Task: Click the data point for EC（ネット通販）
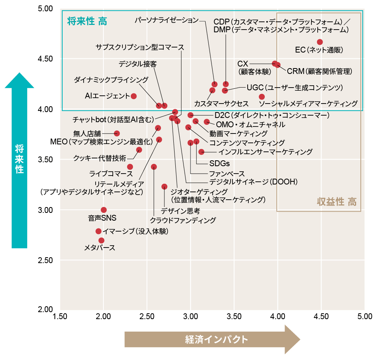(x=320, y=42)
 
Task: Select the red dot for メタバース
(x=101, y=241)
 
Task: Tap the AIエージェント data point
(x=134, y=96)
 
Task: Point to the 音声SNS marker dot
(x=104, y=210)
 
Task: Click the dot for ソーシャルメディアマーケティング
(x=262, y=97)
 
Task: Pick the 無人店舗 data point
(x=117, y=133)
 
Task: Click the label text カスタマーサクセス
(x=221, y=104)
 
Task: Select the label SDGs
(x=219, y=163)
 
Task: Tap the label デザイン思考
(x=180, y=211)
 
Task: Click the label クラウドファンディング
(x=183, y=221)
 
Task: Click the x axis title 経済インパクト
(x=216, y=339)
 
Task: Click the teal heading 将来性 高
(x=87, y=21)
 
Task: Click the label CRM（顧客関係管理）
(x=319, y=72)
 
